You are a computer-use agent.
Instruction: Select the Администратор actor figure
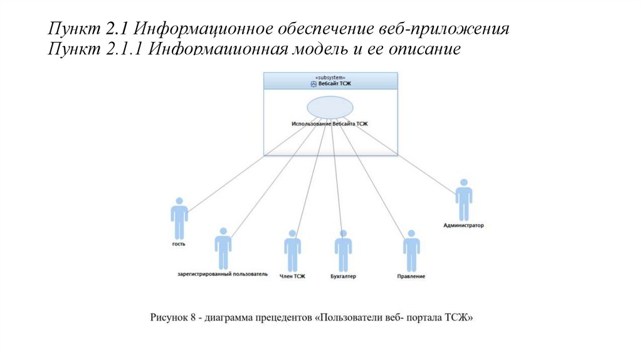point(463,199)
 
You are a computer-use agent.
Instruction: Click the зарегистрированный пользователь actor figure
point(223,248)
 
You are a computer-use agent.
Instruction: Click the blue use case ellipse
point(330,107)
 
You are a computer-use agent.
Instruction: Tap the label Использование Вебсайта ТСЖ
point(330,124)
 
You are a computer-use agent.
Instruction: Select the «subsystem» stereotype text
point(330,77)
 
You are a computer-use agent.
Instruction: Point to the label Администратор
point(463,225)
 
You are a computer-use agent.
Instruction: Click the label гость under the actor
point(179,244)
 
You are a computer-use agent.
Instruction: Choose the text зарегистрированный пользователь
point(222,274)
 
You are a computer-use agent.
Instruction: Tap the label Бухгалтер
point(343,276)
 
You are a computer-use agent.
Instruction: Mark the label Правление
point(411,276)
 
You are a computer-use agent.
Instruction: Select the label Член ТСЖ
point(292,276)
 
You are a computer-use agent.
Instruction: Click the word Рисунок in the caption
point(169,318)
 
